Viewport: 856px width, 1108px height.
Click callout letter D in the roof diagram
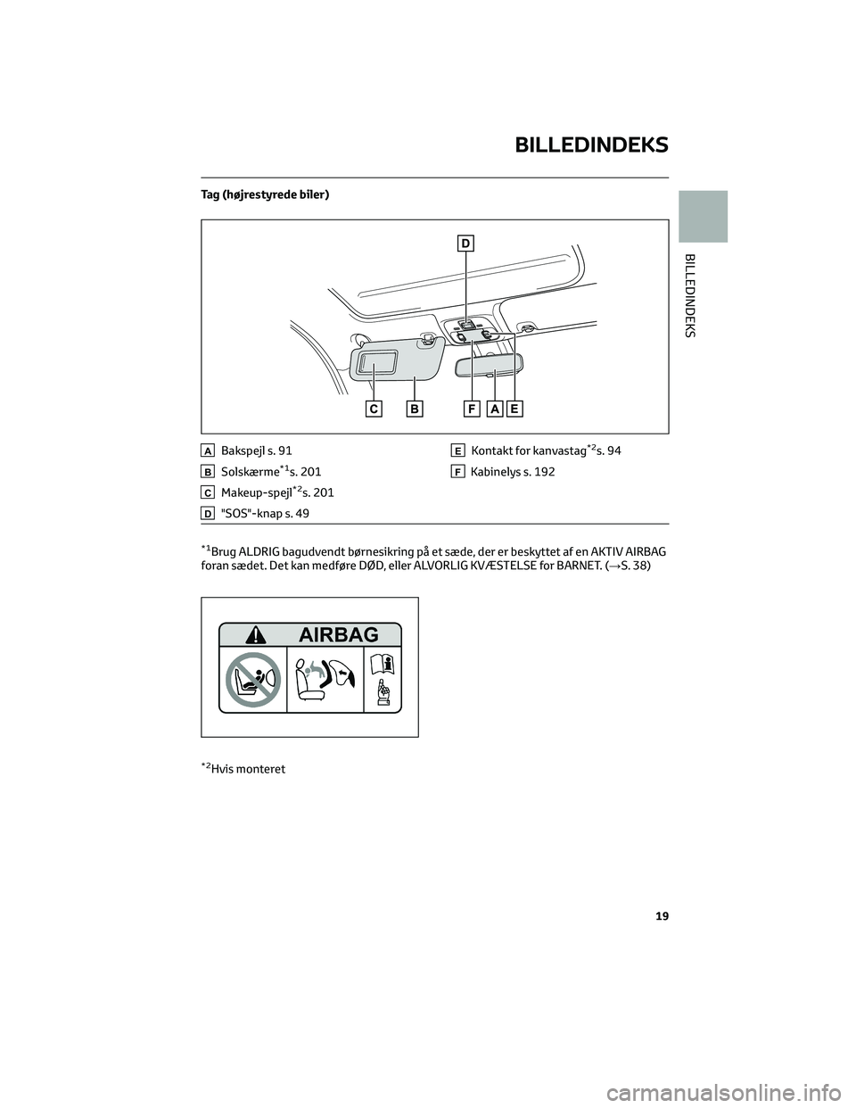click(x=465, y=244)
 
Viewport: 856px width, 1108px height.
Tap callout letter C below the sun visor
click(x=374, y=409)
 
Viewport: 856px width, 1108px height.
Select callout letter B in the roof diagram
click(x=415, y=409)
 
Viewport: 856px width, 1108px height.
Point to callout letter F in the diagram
click(x=472, y=409)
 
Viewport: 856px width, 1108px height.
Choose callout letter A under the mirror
click(x=494, y=409)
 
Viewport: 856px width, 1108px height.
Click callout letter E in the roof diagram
click(x=515, y=409)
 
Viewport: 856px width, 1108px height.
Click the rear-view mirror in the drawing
click(x=490, y=368)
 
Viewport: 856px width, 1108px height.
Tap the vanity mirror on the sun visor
click(x=377, y=363)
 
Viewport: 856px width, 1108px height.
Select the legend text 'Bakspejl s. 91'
click(x=257, y=451)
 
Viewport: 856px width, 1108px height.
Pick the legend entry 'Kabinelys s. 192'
click(x=513, y=472)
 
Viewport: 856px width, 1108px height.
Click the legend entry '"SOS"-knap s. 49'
click(x=265, y=513)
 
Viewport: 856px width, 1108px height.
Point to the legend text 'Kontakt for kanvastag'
click(x=528, y=451)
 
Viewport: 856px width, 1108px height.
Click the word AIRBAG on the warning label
click(x=338, y=635)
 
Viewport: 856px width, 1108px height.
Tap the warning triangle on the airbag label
click(x=255, y=635)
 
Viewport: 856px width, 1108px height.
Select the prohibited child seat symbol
click(x=253, y=680)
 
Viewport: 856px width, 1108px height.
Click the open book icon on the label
click(x=383, y=666)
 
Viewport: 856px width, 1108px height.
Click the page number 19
click(x=662, y=916)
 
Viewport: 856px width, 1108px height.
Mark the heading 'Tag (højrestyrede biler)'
click(x=265, y=194)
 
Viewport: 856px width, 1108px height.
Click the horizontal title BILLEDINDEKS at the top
click(x=591, y=145)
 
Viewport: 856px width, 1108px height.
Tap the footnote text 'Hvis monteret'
click(x=248, y=769)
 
